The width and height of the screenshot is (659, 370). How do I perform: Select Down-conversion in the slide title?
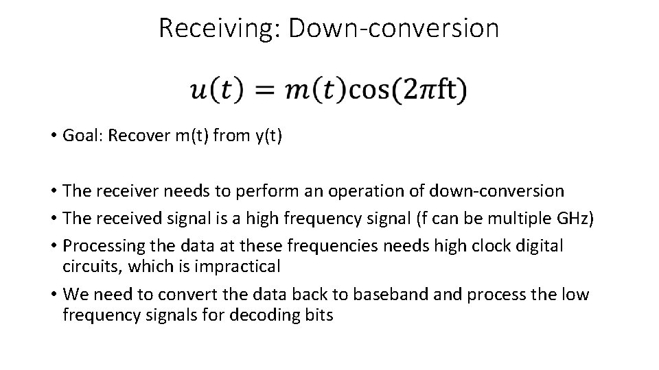pyautogui.click(x=394, y=28)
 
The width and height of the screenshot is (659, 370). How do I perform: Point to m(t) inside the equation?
pyautogui.click(x=317, y=90)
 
